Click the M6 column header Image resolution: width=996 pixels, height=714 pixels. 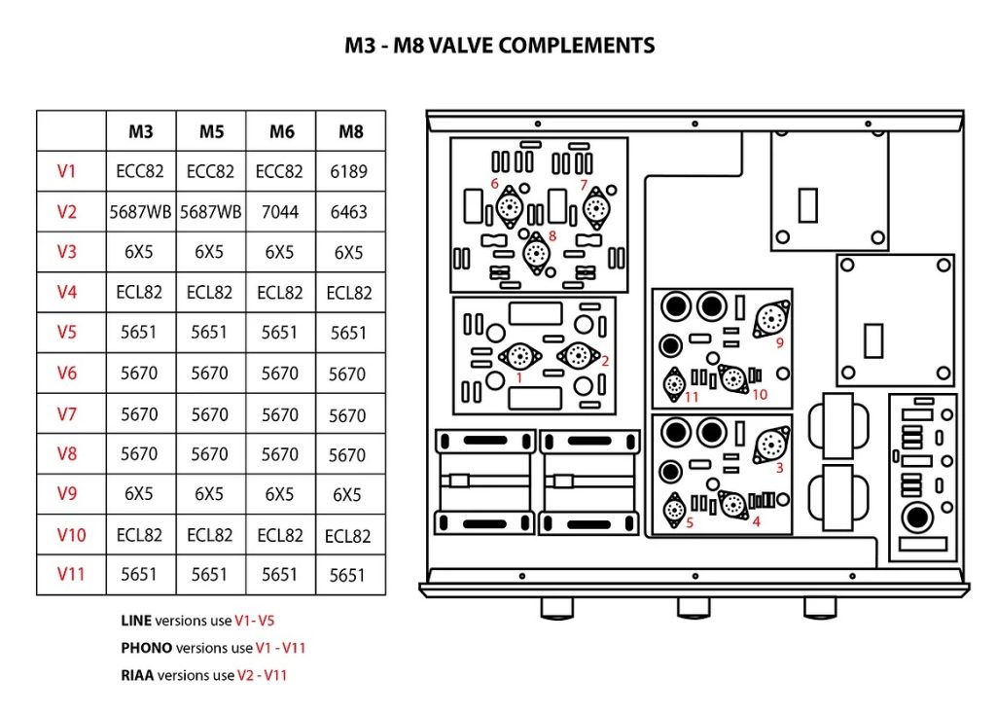pyautogui.click(x=280, y=131)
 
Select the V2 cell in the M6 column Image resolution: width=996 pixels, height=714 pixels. pyautogui.click(x=280, y=212)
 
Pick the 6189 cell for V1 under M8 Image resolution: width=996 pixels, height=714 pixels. pyautogui.click(x=349, y=171)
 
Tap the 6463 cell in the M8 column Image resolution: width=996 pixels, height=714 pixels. pyautogui.click(x=349, y=212)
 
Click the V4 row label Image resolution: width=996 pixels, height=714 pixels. pyautogui.click(x=66, y=292)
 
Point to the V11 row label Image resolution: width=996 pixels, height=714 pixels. pyautogui.click(x=70, y=574)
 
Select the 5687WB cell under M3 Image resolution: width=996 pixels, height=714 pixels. pyautogui.click(x=140, y=212)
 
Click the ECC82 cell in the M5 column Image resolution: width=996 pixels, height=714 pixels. pyautogui.click(x=210, y=171)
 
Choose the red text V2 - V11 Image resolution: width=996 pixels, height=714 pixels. pyautogui.click(x=262, y=674)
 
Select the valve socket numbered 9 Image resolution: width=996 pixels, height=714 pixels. pyautogui.click(x=770, y=317)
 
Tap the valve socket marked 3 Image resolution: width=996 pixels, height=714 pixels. pyautogui.click(x=770, y=444)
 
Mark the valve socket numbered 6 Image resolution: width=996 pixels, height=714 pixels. pyautogui.click(x=508, y=206)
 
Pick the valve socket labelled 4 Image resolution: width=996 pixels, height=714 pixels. pyautogui.click(x=732, y=503)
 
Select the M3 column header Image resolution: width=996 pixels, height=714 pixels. pyautogui.click(x=140, y=131)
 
